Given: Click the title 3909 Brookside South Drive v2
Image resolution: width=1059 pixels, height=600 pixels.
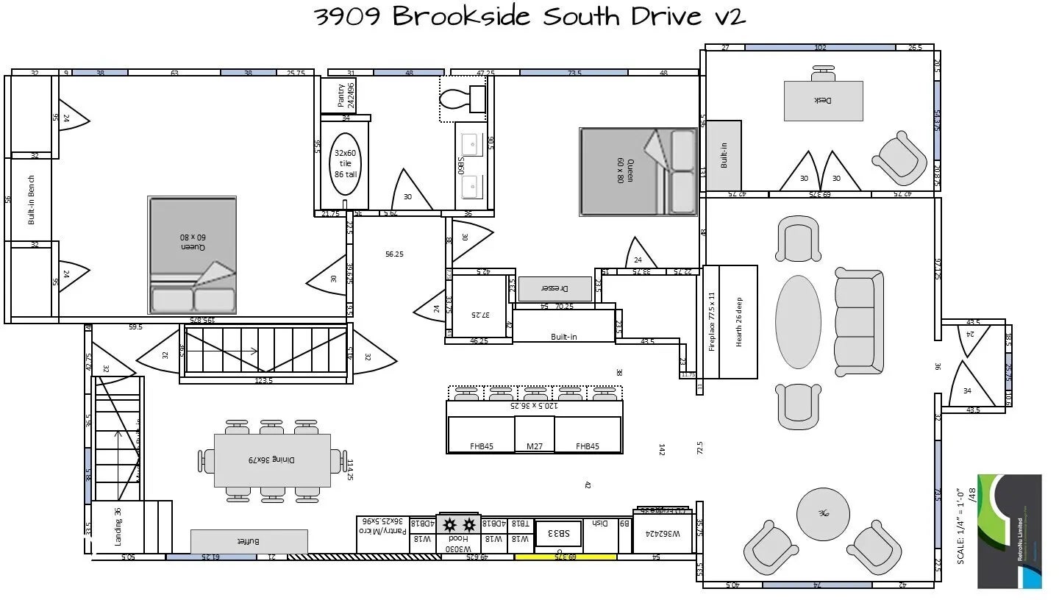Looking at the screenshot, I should (x=529, y=16).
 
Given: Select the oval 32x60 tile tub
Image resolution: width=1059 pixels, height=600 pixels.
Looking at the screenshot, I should (x=345, y=163).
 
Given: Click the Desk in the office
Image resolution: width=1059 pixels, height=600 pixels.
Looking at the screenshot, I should (x=823, y=101).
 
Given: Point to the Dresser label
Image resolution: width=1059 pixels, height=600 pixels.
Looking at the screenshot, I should (x=555, y=288).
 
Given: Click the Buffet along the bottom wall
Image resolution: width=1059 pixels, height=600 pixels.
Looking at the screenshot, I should (x=249, y=541).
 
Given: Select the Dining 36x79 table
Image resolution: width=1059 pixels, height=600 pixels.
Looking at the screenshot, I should (x=272, y=460).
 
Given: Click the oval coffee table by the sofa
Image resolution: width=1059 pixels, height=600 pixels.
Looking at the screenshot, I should (x=798, y=321).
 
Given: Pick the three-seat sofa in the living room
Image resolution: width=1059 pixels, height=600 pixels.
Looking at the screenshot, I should (x=859, y=321).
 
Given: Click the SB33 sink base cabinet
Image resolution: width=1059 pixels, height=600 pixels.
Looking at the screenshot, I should (x=558, y=534).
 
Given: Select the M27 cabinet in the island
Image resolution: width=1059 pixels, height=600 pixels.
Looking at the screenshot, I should (x=534, y=446).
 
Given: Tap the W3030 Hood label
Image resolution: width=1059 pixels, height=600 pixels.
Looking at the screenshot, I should (x=459, y=543).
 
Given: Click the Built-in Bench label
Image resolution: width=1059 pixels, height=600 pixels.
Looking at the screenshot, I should (x=31, y=199).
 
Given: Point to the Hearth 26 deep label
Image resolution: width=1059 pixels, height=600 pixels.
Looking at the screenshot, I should (x=739, y=322).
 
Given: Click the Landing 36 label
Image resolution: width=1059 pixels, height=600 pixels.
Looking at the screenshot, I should (x=118, y=526).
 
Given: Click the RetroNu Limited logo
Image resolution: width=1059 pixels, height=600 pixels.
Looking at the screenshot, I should (x=1009, y=531).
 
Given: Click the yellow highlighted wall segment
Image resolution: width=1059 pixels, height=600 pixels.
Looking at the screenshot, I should (x=565, y=557).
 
